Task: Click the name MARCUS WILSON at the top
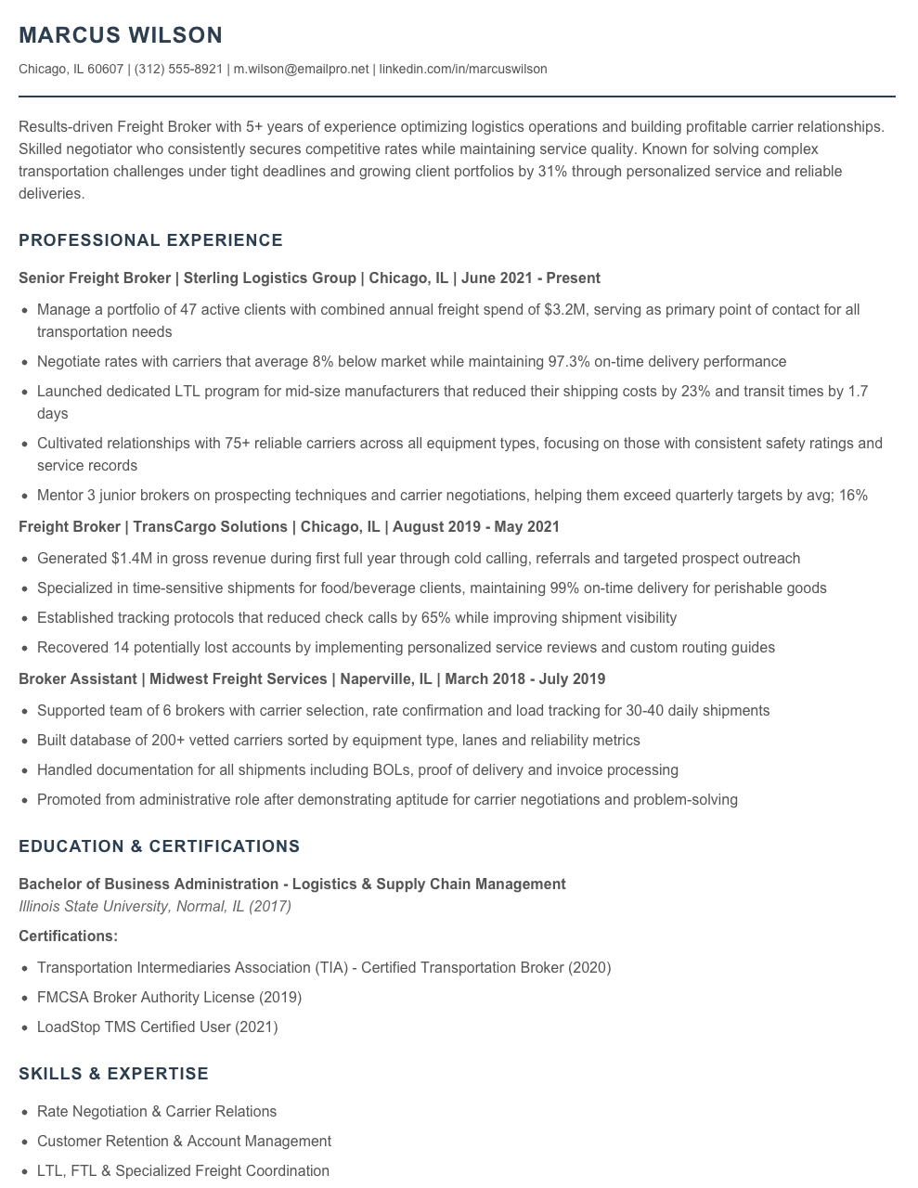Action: (121, 35)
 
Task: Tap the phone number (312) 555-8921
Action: (178, 69)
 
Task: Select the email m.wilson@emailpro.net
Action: (301, 69)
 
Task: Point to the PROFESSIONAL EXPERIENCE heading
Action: (150, 240)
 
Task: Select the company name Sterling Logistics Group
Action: (270, 278)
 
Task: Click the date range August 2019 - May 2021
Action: (476, 526)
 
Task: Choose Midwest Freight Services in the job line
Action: (239, 678)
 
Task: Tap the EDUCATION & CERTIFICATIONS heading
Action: (159, 846)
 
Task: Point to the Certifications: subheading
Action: (68, 936)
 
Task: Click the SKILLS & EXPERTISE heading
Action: (113, 1074)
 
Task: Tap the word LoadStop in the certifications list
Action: (68, 1027)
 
